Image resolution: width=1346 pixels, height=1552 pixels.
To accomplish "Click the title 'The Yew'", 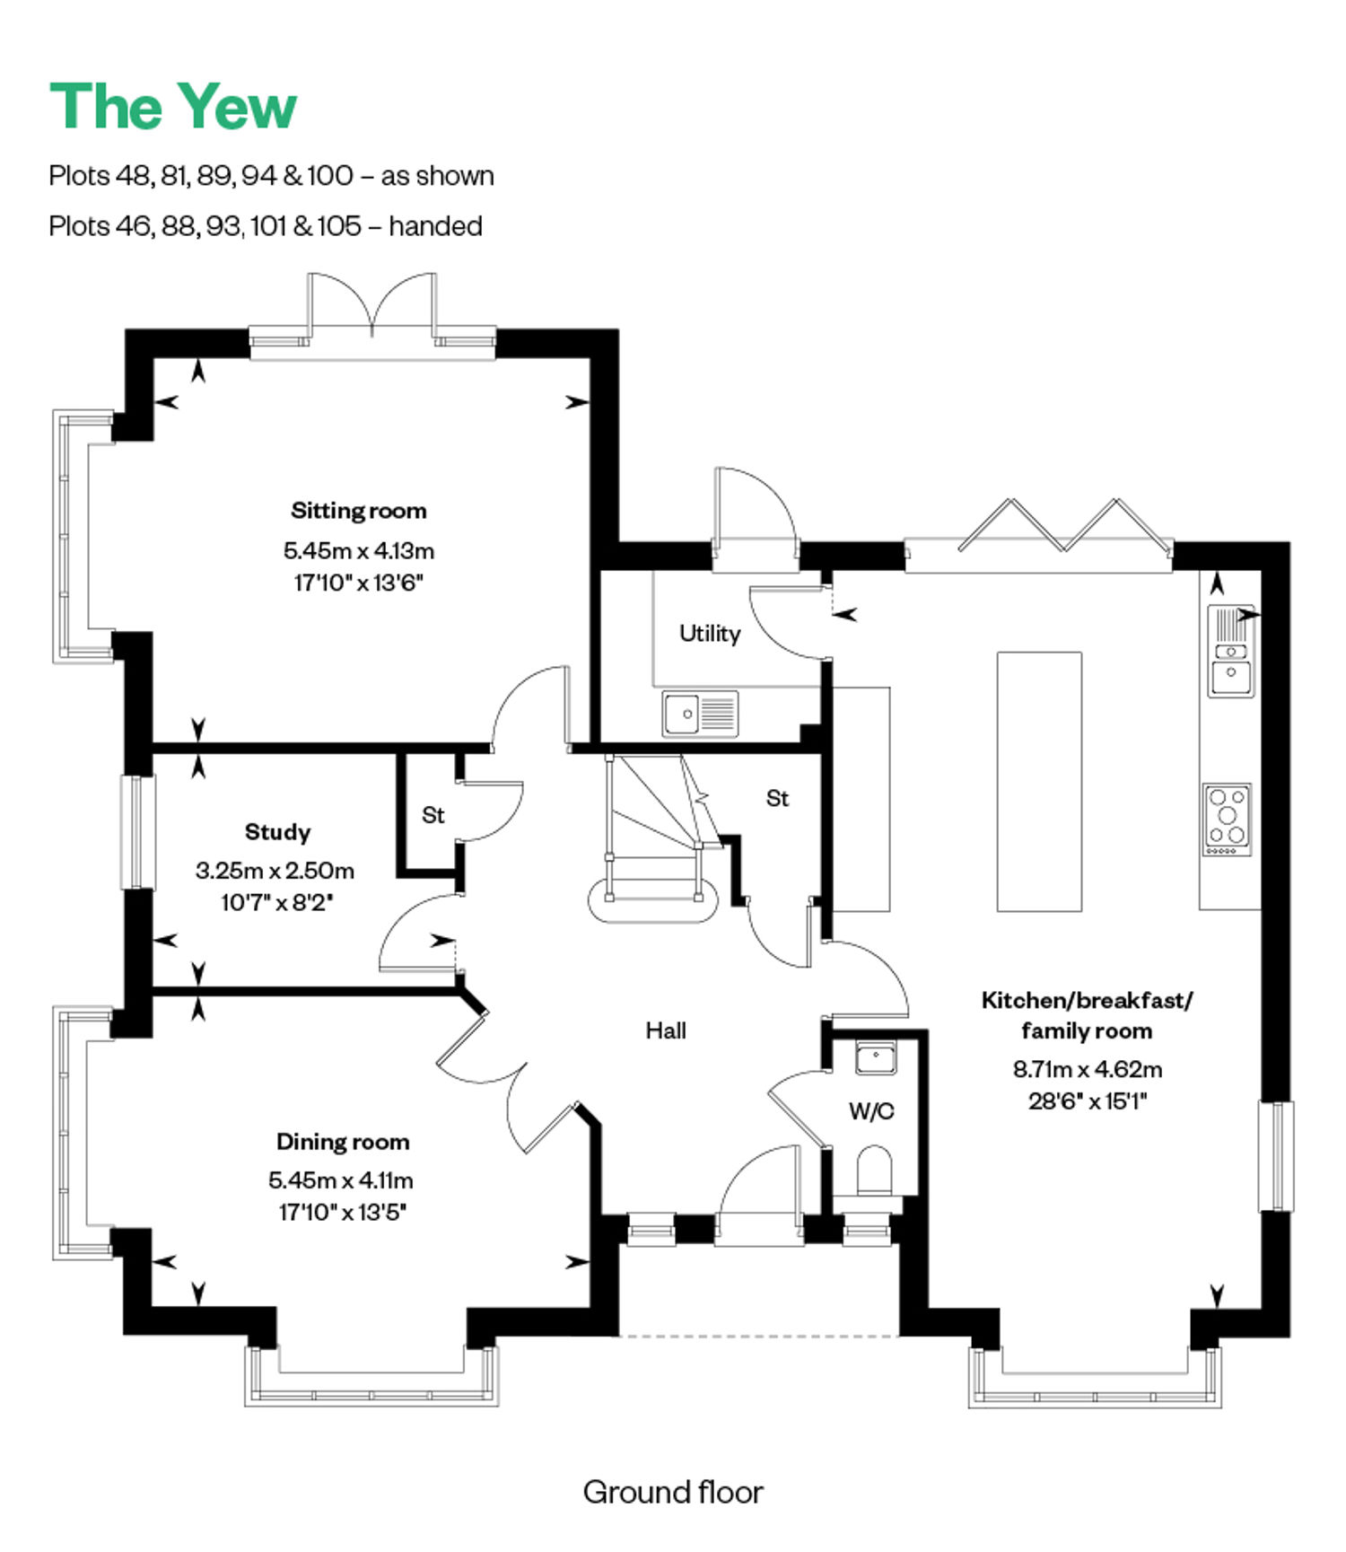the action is (x=172, y=107).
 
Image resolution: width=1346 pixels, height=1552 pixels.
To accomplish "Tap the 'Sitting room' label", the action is (x=359, y=511).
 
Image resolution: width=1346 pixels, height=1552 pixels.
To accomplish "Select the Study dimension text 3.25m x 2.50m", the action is (x=275, y=870).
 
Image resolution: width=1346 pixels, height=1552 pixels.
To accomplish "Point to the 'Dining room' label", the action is (x=343, y=1142).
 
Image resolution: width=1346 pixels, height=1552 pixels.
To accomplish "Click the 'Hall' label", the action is (x=666, y=1030).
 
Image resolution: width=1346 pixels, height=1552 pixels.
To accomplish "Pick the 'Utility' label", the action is (x=710, y=634).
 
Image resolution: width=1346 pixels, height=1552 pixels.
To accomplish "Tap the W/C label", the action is (x=871, y=1111).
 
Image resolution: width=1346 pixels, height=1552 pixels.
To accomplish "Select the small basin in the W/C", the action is (x=876, y=1057).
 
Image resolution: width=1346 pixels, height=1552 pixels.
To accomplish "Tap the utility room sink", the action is (x=700, y=714).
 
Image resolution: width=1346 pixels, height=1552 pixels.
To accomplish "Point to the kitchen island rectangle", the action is (x=1039, y=782).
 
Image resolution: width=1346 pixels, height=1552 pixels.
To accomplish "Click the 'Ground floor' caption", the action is (x=673, y=1492).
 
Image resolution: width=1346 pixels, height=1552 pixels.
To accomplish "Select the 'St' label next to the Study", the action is (x=433, y=815).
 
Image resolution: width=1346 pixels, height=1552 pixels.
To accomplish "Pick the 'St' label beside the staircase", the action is (x=777, y=799).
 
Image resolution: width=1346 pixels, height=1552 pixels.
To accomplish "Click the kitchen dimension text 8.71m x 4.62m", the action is (x=1088, y=1069).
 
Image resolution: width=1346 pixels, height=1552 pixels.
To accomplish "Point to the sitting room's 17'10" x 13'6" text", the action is (x=358, y=583).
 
